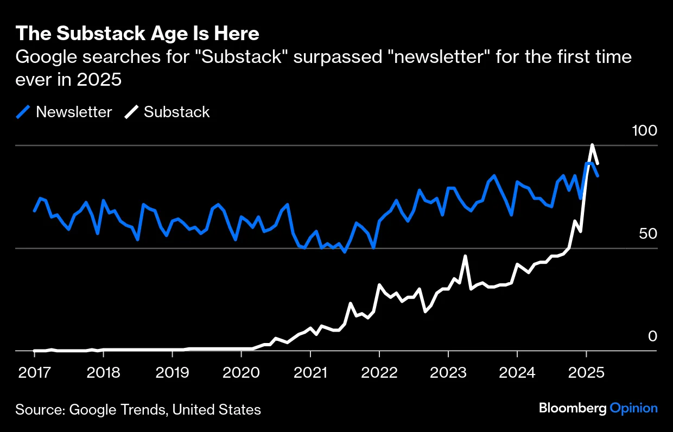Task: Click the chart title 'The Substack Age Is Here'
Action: pos(137,34)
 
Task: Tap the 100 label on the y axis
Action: pos(644,131)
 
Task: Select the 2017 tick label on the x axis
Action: pos(34,373)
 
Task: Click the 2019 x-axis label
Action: pos(172,373)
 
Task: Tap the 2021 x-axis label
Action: pos(310,373)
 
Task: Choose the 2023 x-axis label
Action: pos(448,373)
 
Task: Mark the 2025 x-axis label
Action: pos(586,373)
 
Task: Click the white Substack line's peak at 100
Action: pos(592,145)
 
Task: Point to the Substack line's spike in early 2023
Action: pos(465,256)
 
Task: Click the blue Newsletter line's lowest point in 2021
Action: pos(344,252)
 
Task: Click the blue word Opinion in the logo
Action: pos(633,408)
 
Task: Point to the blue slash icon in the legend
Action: pos(23,112)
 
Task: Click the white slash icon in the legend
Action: pos(131,112)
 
